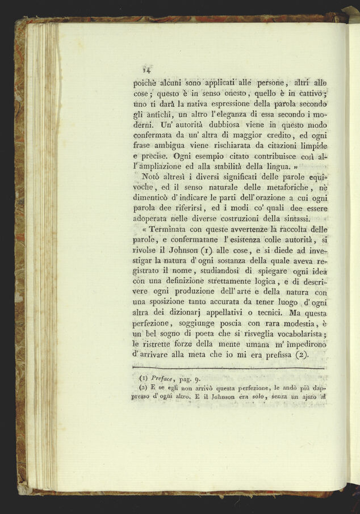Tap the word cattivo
click(x=312, y=94)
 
